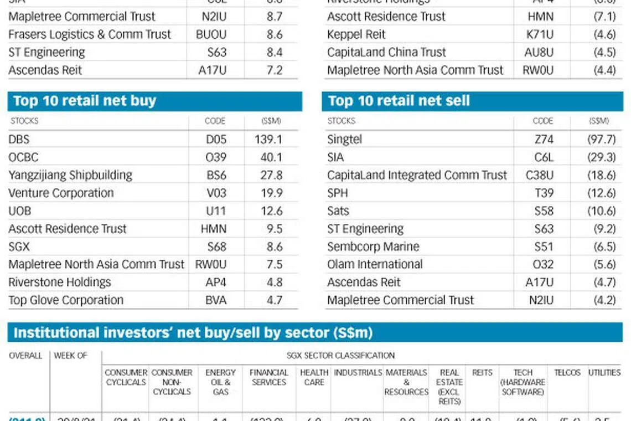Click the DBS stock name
pos(19,140)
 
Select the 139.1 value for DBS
pos(268,140)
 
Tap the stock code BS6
pos(216,176)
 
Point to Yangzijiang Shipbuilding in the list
pos(70,176)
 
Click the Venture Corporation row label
pos(61,193)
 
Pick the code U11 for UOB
pos(216,211)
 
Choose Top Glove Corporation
pos(66,300)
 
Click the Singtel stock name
pos(344,140)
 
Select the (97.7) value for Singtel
pos(601,140)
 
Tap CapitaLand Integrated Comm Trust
pos(417,176)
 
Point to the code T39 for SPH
pos(544,193)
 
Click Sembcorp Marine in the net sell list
pos(373,247)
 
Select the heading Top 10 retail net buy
pos(85,101)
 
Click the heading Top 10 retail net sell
pos(399,101)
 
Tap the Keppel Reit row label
pos(356,34)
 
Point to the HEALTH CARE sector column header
pos(314,377)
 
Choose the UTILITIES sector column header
pos(604,373)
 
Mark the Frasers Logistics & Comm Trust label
pos(90,34)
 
